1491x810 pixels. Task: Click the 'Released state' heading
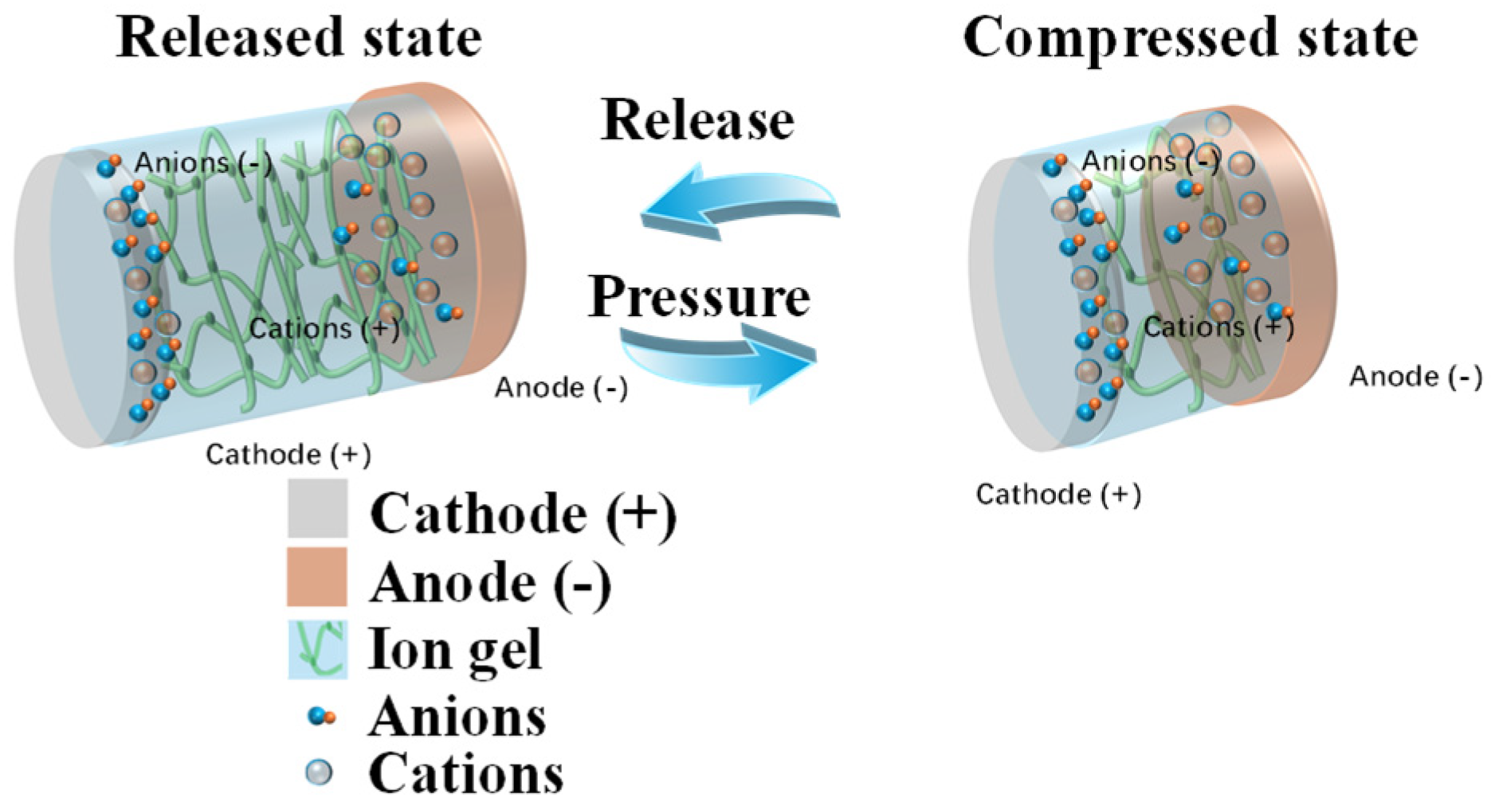point(299,37)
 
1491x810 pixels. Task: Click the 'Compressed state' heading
point(1190,37)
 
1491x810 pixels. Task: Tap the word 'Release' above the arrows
point(697,120)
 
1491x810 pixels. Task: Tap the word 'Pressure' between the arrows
point(699,296)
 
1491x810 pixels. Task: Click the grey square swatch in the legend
point(317,508)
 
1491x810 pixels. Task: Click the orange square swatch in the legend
point(316,577)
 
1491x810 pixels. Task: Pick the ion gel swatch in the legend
point(317,649)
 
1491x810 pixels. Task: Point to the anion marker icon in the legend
point(322,717)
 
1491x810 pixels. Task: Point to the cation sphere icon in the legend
point(320,772)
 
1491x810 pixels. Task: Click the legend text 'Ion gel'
point(455,649)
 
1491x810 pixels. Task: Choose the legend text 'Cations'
point(466,773)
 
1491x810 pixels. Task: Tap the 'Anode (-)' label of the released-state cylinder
point(561,388)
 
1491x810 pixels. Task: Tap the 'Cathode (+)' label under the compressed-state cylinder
point(1058,495)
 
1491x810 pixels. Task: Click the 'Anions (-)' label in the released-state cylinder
point(203,163)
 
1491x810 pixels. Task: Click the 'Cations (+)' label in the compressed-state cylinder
point(1218,327)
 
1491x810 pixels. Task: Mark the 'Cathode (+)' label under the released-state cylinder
point(288,455)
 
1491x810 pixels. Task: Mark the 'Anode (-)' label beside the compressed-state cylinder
point(1415,377)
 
